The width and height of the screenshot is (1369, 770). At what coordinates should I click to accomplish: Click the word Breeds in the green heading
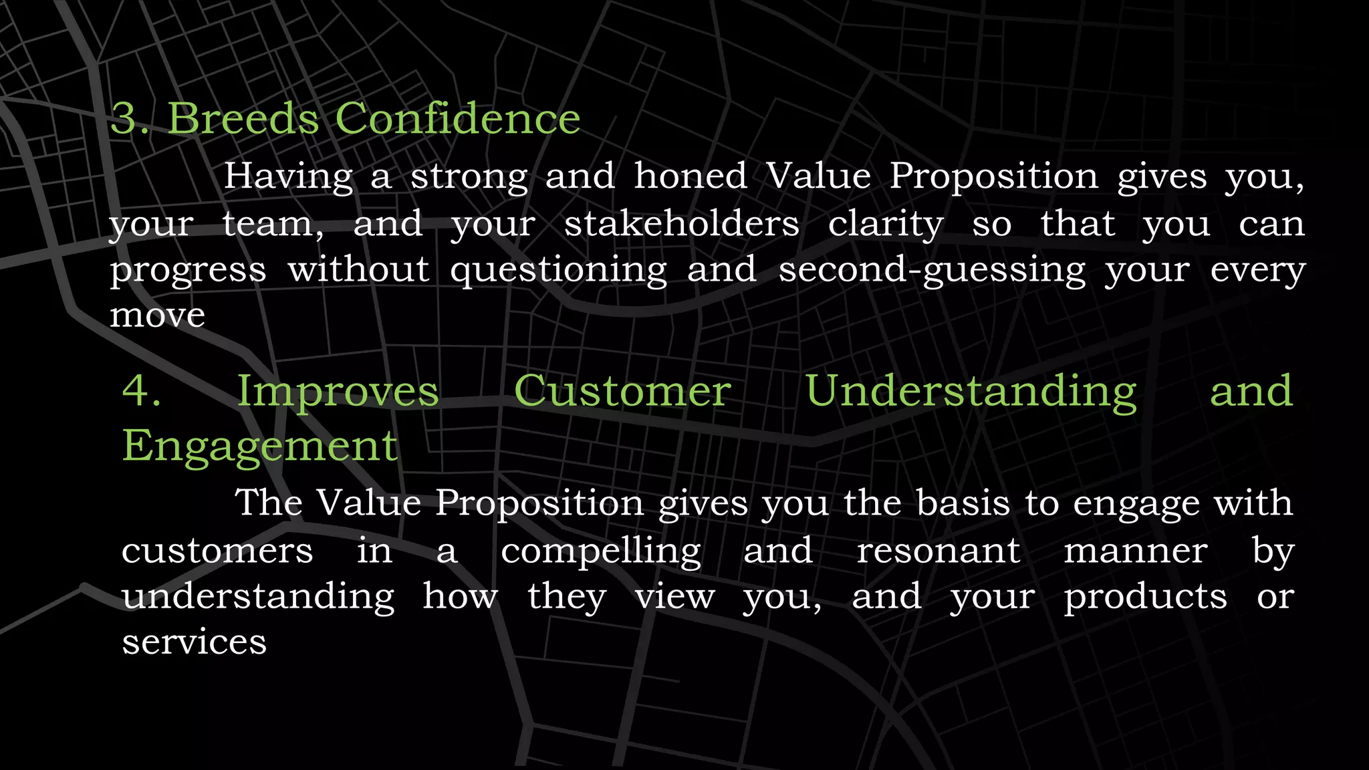coord(243,119)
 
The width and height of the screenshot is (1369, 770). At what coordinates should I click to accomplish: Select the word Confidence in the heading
coord(457,119)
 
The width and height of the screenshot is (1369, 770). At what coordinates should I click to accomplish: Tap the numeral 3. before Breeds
coord(130,119)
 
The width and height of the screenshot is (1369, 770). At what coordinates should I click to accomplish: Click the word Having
coord(288,177)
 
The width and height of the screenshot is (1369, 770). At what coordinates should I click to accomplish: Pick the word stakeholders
coord(681,223)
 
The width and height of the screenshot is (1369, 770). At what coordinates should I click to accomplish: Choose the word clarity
coord(886,225)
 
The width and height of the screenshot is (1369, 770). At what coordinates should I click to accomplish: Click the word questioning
coord(558,271)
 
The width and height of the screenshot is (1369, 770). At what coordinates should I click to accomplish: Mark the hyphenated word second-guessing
coord(932,271)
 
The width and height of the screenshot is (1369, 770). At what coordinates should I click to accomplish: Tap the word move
coord(157,315)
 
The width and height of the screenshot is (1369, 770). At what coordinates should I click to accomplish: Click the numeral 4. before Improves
coord(141,391)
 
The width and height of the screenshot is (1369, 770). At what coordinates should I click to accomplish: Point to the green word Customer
coord(622,391)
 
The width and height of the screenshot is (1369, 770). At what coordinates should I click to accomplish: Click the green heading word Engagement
coord(260,446)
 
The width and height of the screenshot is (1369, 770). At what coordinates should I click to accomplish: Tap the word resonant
coord(939,551)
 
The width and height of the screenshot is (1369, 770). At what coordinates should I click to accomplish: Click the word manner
coord(1135,551)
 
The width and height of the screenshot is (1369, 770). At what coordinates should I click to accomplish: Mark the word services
coord(194,642)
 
